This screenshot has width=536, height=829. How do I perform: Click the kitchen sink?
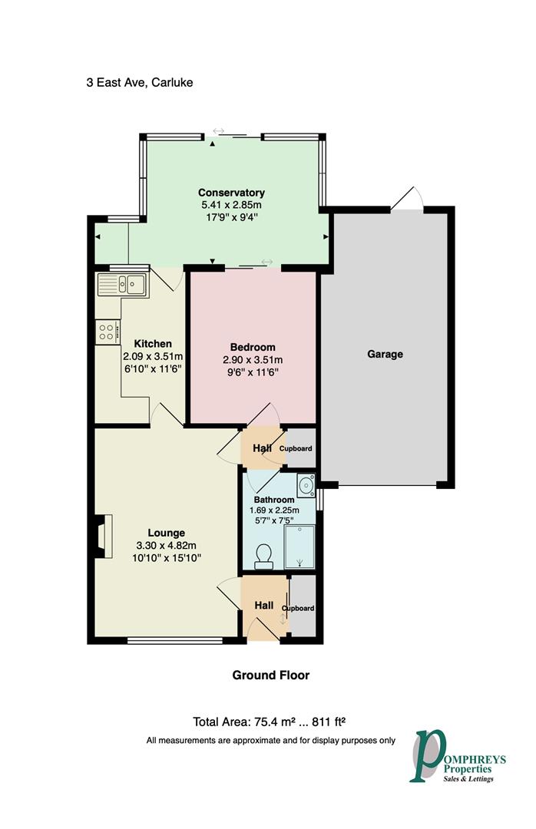[123, 285]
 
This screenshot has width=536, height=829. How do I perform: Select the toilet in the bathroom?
[263, 557]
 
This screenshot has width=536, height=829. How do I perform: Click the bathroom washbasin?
[306, 485]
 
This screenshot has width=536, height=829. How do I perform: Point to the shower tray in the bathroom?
[299, 547]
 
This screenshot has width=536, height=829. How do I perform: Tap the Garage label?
[385, 354]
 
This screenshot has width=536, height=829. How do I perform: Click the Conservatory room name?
[231, 193]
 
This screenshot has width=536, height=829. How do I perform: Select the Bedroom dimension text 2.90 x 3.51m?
[253, 359]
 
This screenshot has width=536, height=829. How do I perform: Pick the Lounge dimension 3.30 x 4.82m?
[166, 545]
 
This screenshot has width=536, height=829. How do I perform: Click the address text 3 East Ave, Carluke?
[140, 82]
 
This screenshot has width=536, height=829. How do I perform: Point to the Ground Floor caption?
[271, 675]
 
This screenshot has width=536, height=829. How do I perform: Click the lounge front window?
[174, 641]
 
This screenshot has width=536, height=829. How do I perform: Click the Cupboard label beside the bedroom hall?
[296, 448]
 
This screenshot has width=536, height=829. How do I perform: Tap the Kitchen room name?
[153, 344]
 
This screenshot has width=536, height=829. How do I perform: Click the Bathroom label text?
[274, 500]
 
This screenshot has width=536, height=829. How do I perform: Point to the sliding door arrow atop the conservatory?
[219, 130]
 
